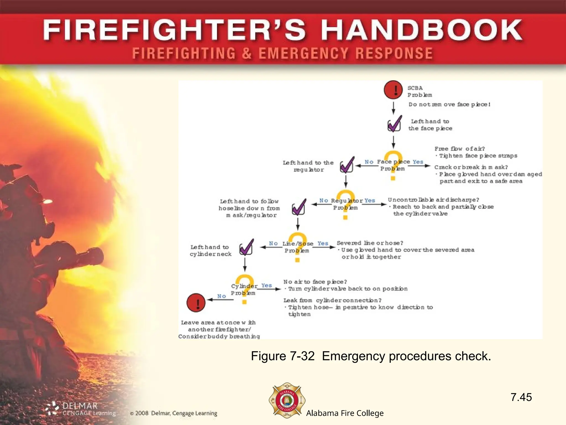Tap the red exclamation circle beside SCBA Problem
click(x=393, y=90)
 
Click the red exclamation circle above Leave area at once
click(x=196, y=303)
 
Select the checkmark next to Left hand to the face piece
click(x=394, y=124)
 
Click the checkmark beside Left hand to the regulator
click(x=347, y=165)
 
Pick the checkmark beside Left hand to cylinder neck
click(x=246, y=247)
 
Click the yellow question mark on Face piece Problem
click(x=393, y=165)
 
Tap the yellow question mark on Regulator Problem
click(x=345, y=204)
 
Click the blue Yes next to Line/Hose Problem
click(x=323, y=243)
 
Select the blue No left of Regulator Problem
click(x=324, y=200)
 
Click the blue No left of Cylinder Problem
click(x=221, y=296)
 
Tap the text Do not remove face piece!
click(x=449, y=104)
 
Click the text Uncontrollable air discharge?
click(x=433, y=199)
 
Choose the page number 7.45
click(x=521, y=397)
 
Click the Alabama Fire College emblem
click(x=287, y=400)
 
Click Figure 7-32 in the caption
click(x=282, y=356)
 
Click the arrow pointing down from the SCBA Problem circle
click(x=393, y=108)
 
